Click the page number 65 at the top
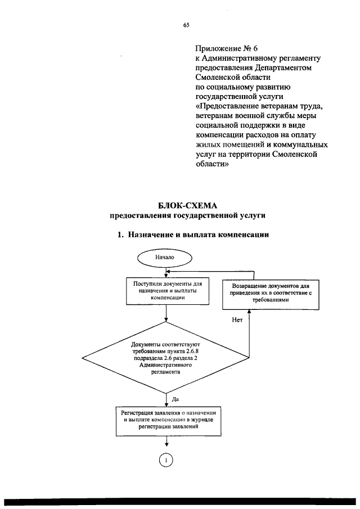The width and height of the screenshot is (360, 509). [x=186, y=25]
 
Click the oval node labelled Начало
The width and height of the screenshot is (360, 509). [x=165, y=257]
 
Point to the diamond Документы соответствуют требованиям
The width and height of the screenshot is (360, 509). [x=166, y=358]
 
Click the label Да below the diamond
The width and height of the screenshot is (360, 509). [x=175, y=399]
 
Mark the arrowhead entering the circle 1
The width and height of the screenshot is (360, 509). [x=166, y=449]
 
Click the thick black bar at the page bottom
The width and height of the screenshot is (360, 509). [x=180, y=502]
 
